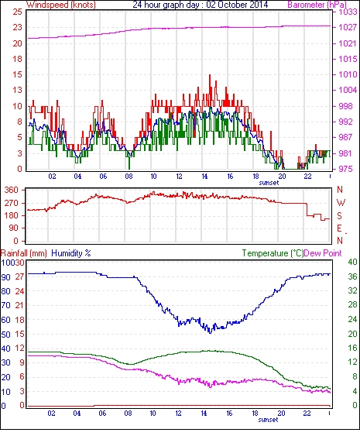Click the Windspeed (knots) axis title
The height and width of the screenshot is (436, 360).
[61, 5]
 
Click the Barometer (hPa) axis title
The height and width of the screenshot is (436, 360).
[317, 5]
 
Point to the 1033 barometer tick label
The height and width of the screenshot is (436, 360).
[348, 12]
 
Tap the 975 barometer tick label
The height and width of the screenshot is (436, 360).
[345, 169]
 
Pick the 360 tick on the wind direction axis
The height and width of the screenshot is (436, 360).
[12, 191]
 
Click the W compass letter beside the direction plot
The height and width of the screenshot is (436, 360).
[341, 203]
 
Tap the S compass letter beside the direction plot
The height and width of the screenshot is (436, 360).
[339, 215]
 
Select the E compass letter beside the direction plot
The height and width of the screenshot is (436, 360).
[339, 228]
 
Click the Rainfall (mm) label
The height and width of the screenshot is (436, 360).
[24, 253]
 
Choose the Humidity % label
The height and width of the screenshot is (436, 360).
[71, 253]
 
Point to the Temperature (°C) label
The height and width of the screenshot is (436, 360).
[273, 253]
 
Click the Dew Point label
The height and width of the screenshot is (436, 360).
[323, 253]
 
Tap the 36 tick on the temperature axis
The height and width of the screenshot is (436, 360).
[352, 276]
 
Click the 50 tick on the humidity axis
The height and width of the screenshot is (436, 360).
[6, 335]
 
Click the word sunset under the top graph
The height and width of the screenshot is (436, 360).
[269, 183]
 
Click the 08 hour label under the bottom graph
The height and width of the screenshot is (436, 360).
[128, 414]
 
